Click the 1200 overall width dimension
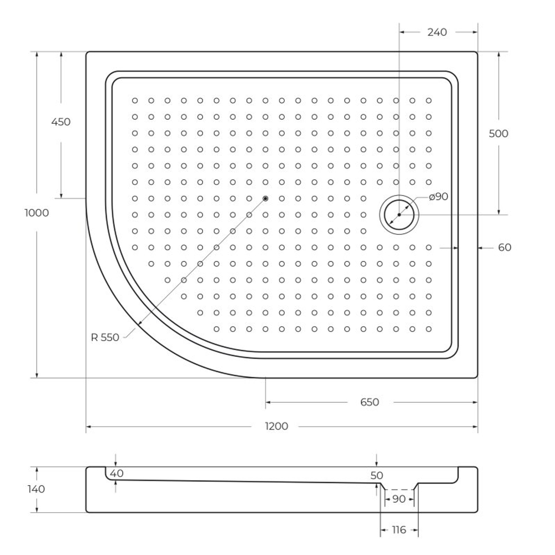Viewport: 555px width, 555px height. (x=276, y=426)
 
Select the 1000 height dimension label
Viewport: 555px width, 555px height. (x=37, y=213)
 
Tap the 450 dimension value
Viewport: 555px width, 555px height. (x=60, y=122)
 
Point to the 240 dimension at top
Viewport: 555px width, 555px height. (x=437, y=32)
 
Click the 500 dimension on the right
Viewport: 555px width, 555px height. (x=498, y=134)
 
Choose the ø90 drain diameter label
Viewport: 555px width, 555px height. (x=438, y=196)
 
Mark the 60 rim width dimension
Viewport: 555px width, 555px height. (x=504, y=248)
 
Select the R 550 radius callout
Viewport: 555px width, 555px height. (x=105, y=337)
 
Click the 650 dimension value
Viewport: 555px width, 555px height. (x=369, y=402)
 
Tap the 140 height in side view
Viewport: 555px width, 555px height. (x=36, y=489)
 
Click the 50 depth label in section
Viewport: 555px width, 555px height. (x=377, y=476)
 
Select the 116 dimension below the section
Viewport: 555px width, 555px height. (x=398, y=530)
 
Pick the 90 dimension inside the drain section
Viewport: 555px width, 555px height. (x=398, y=499)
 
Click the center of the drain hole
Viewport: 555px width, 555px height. (x=399, y=214)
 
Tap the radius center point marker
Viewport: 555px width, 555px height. (x=265, y=198)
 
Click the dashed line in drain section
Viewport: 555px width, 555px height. (x=398, y=490)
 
